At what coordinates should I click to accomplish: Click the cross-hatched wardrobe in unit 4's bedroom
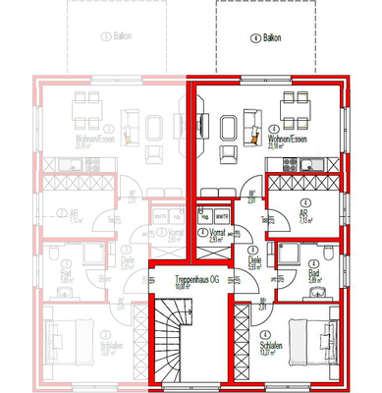pos(240,344)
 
